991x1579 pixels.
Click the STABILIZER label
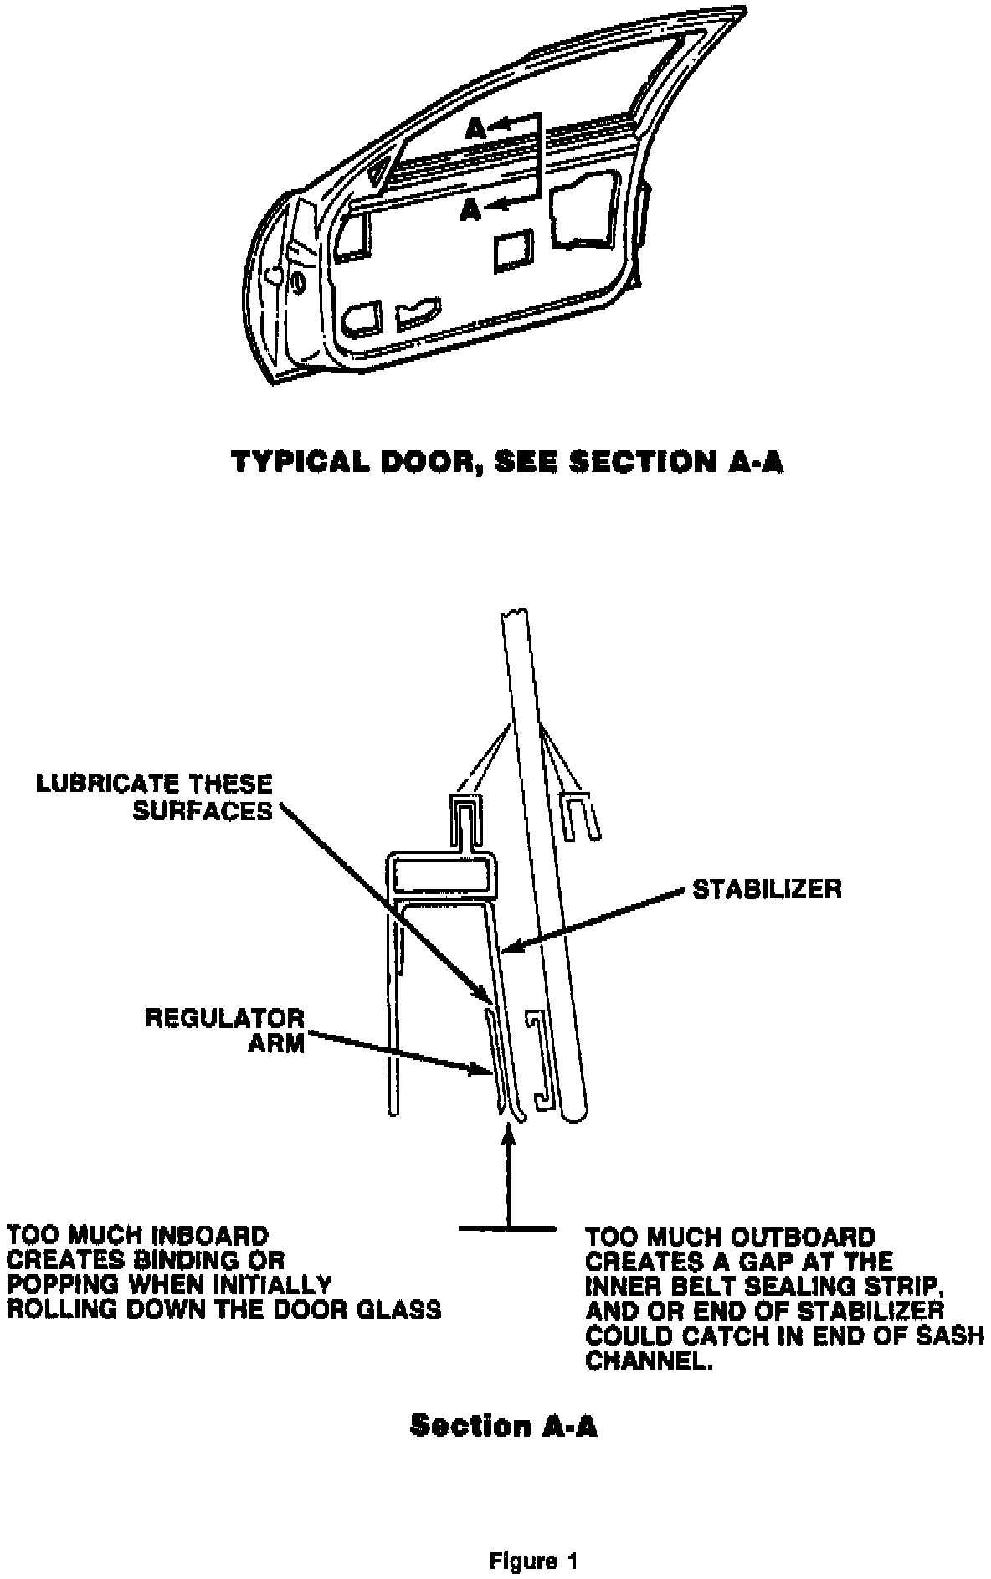click(766, 888)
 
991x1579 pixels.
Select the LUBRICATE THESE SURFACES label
click(154, 797)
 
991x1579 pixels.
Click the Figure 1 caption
click(533, 1538)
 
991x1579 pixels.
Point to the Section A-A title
click(503, 1426)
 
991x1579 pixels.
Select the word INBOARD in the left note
click(204, 1236)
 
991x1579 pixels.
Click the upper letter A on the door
click(475, 127)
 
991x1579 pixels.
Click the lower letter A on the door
click(470, 211)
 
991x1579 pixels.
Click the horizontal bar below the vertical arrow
click(507, 1229)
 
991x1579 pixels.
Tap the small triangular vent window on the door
click(379, 171)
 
